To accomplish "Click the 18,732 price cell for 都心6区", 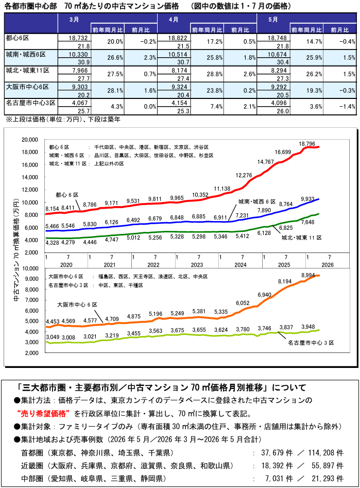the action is click(79, 38).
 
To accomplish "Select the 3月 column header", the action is click(74, 20).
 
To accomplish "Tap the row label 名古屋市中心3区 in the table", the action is click(31, 103).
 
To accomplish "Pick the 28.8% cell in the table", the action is click(215, 74).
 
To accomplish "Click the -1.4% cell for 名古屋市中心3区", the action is click(347, 107).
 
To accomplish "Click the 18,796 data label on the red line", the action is click(307, 144).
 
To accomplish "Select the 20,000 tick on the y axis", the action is click(29, 140).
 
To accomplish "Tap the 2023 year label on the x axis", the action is click(197, 265).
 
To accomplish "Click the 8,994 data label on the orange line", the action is click(308, 275).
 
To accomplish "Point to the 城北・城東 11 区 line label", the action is click(301, 238).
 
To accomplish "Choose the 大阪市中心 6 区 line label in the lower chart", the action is click(77, 305).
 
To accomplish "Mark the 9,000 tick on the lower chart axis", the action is click(32, 279).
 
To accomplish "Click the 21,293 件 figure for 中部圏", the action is click(328, 478).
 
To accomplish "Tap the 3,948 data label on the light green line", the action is click(308, 327).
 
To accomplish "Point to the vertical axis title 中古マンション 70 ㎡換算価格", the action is click(16, 250).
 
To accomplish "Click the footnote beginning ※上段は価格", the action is click(63, 119).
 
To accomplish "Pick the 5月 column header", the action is click(273, 20).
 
